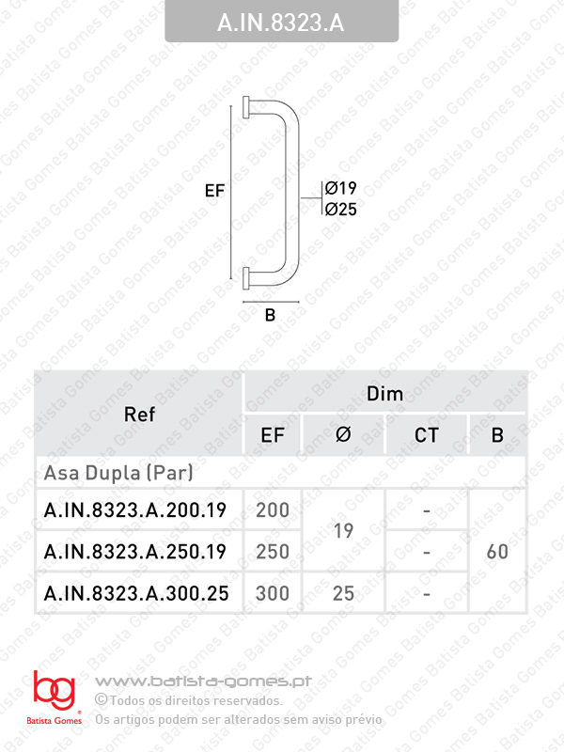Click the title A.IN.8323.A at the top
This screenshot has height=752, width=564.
click(x=281, y=22)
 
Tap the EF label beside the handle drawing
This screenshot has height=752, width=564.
click(x=215, y=190)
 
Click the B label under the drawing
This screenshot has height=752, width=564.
click(x=270, y=316)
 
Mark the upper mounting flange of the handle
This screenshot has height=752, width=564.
click(x=246, y=105)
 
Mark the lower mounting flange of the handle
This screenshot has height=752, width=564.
click(x=246, y=276)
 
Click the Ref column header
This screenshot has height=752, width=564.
click(x=139, y=414)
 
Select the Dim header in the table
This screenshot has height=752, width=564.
click(x=384, y=394)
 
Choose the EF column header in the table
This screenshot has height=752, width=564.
click(x=273, y=435)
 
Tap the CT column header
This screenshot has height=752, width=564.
click(x=427, y=435)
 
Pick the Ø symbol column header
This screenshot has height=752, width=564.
click(x=343, y=435)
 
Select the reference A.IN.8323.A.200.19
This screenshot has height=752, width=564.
click(x=135, y=510)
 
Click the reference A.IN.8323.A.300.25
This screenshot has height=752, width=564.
click(x=135, y=593)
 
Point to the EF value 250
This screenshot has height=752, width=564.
click(x=273, y=552)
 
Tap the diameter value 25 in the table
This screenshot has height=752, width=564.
click(x=343, y=593)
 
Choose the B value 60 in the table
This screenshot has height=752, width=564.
click(x=497, y=552)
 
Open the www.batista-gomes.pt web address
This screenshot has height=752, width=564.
click(x=204, y=681)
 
